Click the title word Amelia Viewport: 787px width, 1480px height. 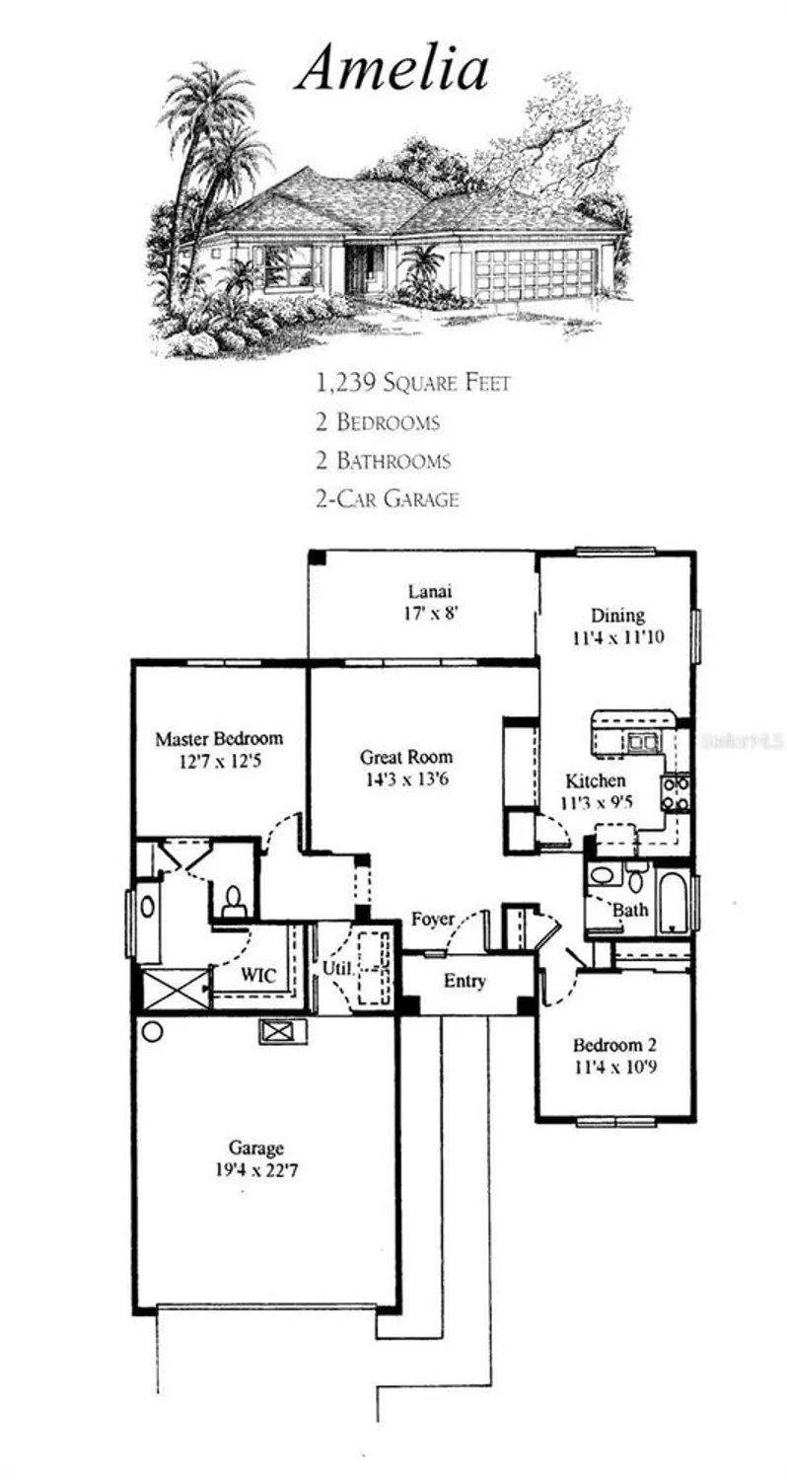tap(393, 69)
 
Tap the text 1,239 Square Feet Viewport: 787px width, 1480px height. tap(412, 382)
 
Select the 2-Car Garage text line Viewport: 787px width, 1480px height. tap(387, 498)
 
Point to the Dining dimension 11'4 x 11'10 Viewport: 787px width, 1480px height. tap(618, 637)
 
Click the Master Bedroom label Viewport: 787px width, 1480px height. tap(219, 738)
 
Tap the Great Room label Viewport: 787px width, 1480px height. tap(406, 758)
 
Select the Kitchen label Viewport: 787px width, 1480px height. tap(595, 780)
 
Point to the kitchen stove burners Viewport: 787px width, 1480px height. tap(676, 793)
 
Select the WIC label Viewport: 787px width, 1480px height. tap(258, 975)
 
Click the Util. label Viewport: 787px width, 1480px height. tap(335, 968)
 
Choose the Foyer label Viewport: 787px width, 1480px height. tap(433, 920)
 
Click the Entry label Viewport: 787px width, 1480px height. tap(464, 982)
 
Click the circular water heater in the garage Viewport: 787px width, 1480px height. tap(153, 1032)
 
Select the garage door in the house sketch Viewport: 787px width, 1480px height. tap(536, 272)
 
